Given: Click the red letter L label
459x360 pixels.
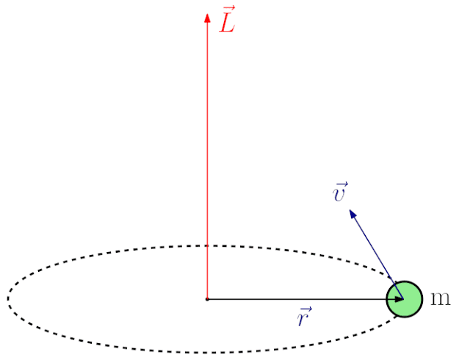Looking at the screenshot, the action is pos(227,24).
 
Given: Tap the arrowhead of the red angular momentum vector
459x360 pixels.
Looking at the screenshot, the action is pos(207,15).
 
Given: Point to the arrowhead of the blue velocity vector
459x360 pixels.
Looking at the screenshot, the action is pos(353,214).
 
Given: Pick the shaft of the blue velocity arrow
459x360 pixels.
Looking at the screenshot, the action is pos(375,250).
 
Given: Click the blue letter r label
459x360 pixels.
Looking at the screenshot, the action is pos(304,320).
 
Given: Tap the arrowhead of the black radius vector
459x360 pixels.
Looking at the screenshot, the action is pos(399,299).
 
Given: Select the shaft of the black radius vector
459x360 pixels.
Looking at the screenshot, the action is pos(301,299).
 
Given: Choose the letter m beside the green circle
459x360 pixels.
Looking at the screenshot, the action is pos(440,298).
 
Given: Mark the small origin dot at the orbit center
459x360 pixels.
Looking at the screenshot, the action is pos(207,299).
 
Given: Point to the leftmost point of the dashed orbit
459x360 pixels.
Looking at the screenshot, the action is pos(8,299).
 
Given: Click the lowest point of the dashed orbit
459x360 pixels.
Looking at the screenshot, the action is pos(207,353).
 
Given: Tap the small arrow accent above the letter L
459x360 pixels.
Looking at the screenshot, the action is pos(228,10).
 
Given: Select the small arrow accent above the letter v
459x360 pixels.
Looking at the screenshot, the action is pos(340,184).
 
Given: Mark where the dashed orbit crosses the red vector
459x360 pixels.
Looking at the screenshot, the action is pos(207,245).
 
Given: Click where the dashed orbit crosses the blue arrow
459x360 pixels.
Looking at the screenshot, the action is pos(389,273).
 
